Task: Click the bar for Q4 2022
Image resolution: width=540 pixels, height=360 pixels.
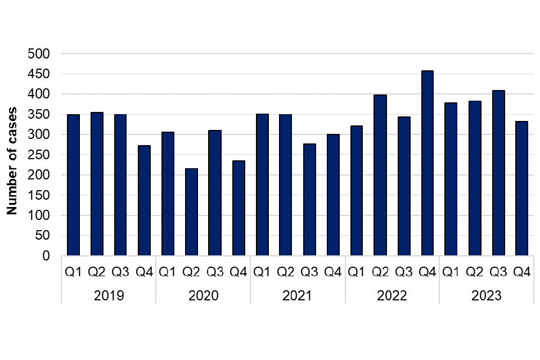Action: tap(427, 163)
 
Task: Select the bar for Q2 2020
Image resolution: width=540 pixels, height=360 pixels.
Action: tap(191, 212)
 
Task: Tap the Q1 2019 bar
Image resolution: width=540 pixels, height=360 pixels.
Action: tap(73, 185)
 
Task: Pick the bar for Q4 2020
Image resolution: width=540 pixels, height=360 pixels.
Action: tap(238, 208)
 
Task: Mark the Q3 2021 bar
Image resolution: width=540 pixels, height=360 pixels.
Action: tap(309, 200)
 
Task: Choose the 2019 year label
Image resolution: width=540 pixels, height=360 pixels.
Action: tap(109, 296)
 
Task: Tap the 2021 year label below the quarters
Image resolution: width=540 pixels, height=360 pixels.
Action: tap(298, 296)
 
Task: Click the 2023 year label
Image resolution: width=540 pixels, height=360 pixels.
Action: tap(487, 296)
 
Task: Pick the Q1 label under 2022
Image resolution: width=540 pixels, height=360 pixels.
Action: tap(356, 273)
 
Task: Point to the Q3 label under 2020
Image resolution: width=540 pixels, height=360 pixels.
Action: tap(215, 273)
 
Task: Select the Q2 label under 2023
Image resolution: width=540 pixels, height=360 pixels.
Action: tap(474, 273)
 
